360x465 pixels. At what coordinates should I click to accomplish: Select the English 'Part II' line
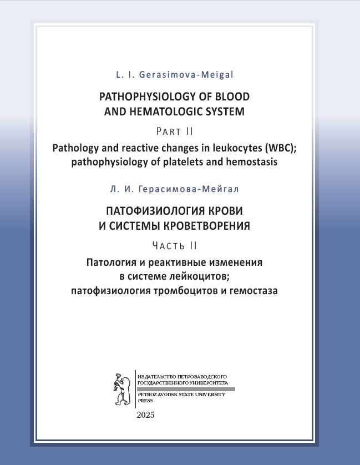[175, 132]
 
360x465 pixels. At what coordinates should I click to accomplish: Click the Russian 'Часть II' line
[175, 245]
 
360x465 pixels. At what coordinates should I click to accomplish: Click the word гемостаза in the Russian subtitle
[253, 290]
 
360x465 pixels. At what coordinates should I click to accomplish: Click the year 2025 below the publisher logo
[145, 416]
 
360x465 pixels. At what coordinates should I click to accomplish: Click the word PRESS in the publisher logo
[145, 400]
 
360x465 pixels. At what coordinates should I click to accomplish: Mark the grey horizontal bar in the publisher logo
[185, 388]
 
